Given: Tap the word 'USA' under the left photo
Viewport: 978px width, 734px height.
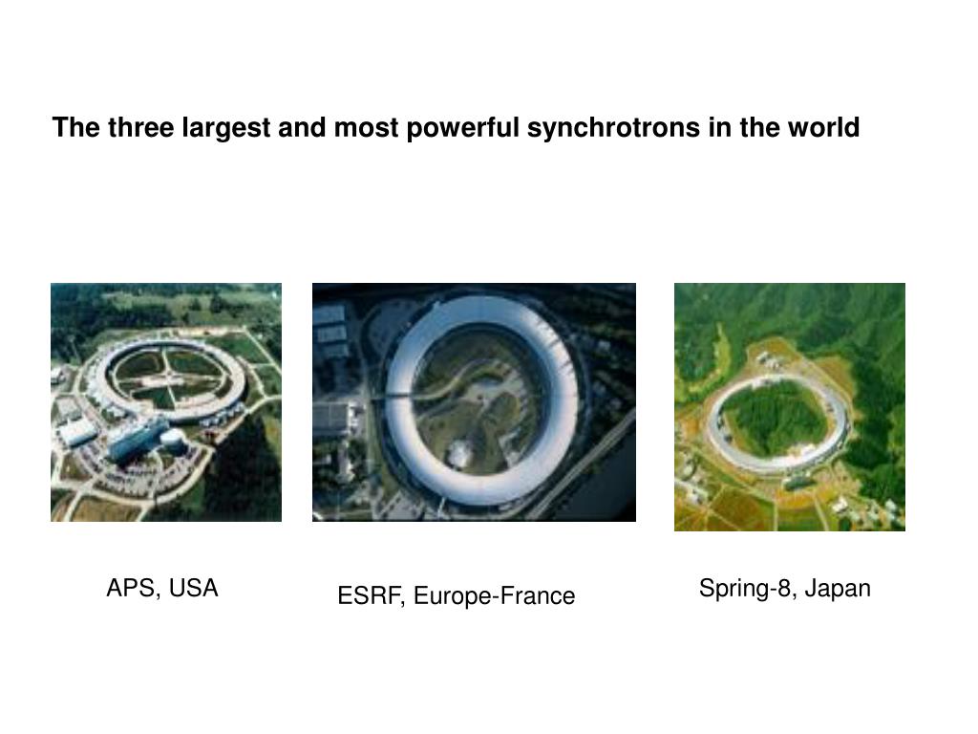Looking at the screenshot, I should click(x=194, y=588).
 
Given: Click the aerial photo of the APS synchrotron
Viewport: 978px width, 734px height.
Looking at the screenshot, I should click(x=166, y=401).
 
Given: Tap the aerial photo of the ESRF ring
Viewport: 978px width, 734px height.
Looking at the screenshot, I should click(x=474, y=401).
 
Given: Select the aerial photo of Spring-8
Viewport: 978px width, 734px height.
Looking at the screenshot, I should click(x=789, y=406).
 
